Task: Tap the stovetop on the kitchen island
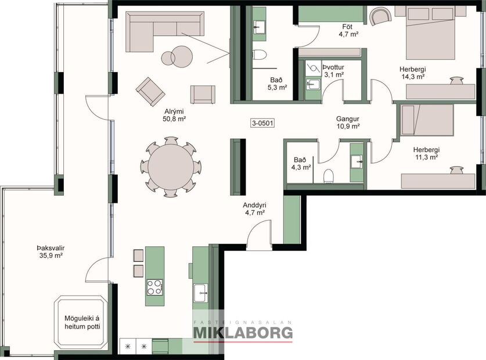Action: click(x=154, y=287)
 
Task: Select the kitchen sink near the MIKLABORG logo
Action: click(x=201, y=291)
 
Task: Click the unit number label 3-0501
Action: click(x=262, y=123)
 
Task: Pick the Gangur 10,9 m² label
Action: click(x=348, y=122)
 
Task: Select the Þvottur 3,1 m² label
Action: click(x=334, y=70)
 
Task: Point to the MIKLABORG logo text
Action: click(x=243, y=333)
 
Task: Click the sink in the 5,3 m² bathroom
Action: click(x=259, y=26)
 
